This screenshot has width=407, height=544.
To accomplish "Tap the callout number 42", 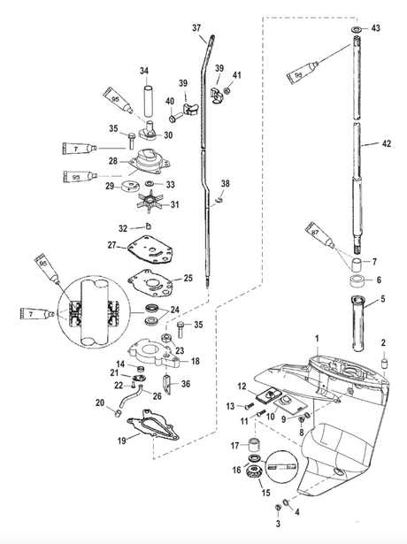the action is [386, 143].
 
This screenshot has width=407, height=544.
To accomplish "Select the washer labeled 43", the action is [357, 30].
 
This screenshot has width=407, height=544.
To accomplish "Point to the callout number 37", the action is [196, 27].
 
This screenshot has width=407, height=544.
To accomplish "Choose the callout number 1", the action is [317, 338].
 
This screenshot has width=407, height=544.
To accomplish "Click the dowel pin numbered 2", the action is [384, 363].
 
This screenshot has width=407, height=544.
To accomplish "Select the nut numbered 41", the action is [227, 91].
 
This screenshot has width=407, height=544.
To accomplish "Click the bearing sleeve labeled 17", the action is [256, 444].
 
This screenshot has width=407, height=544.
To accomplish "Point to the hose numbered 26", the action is [131, 396].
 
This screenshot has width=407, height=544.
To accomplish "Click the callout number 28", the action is [113, 161].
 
